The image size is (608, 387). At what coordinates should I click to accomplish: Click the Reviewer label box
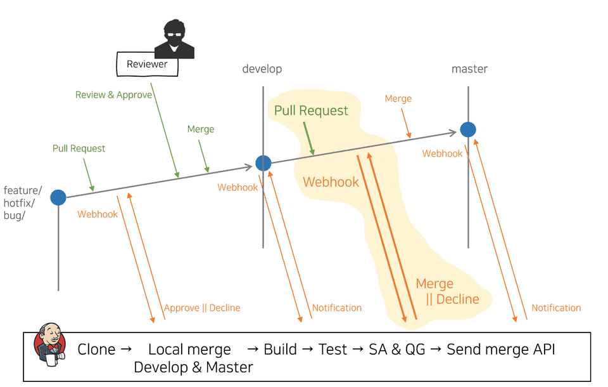point(147,64)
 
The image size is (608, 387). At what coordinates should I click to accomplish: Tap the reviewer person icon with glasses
point(174,39)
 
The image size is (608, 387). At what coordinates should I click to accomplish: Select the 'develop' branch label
point(262,69)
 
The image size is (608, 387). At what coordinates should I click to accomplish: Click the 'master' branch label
point(469,69)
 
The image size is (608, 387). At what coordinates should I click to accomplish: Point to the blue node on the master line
point(468,129)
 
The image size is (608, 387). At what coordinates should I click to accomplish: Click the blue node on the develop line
point(263,163)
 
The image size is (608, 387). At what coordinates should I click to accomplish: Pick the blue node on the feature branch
point(58,197)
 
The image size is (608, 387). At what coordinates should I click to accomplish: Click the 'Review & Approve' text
point(113,95)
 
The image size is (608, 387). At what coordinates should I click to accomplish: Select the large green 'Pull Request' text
point(311,111)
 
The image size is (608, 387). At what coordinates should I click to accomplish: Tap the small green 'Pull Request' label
point(79,148)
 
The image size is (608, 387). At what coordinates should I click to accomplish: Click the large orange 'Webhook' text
point(331,182)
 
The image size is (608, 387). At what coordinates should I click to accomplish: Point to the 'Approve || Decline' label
point(202,308)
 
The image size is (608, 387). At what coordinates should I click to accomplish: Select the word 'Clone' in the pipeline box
point(96,350)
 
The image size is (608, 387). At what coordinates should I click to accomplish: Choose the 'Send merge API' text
point(501,350)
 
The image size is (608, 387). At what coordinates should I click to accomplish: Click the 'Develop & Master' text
point(193,367)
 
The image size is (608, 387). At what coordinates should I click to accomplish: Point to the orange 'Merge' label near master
point(398,99)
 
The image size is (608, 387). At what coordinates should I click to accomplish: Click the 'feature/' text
point(23,190)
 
